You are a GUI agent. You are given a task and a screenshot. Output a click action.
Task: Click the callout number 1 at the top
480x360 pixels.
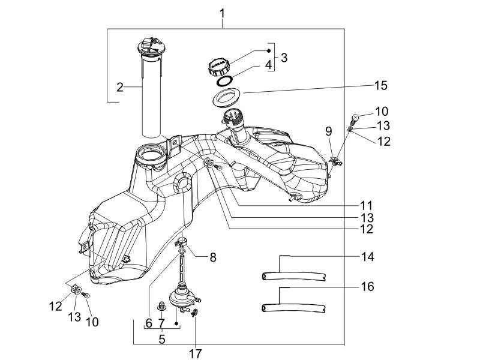223,13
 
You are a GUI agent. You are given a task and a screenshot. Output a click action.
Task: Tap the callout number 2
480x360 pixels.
120,87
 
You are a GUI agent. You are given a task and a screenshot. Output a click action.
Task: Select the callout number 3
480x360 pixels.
284,58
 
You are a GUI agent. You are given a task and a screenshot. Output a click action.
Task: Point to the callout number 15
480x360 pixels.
381,86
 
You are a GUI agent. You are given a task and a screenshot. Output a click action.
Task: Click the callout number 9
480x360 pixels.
329,131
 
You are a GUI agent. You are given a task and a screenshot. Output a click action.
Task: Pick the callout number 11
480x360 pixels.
366,205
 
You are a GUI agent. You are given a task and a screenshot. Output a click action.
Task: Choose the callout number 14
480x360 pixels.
368,257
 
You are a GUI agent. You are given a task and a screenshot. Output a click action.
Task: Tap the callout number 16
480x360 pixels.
368,287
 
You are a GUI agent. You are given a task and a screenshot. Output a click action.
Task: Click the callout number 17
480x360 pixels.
196,353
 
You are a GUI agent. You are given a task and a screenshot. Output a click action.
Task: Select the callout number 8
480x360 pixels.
212,257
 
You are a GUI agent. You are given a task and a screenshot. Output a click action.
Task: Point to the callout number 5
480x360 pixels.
161,339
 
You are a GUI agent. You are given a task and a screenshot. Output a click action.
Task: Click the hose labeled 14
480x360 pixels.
294,277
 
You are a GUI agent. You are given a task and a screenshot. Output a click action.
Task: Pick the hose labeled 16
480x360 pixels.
294,308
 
